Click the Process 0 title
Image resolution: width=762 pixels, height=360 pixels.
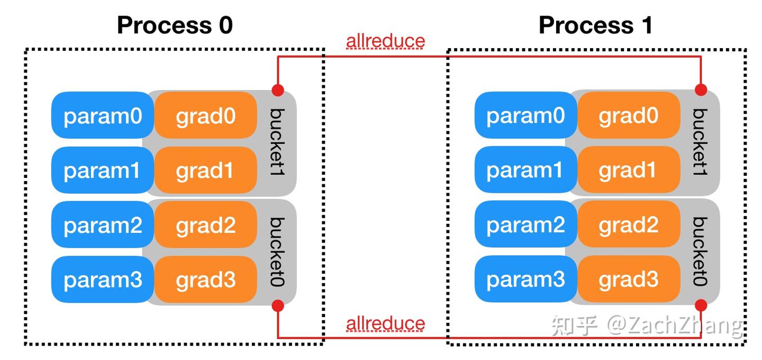click(x=175, y=25)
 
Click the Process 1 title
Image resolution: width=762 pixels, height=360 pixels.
click(x=595, y=25)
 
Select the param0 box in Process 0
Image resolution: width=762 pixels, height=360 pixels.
click(x=102, y=115)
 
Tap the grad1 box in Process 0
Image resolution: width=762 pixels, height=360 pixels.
click(x=205, y=170)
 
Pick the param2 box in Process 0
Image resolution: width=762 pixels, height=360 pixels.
click(x=102, y=225)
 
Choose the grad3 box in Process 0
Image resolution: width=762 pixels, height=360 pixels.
click(x=205, y=280)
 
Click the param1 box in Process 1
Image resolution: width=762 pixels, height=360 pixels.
click(x=525, y=170)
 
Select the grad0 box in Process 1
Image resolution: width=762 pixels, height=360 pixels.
click(x=628, y=115)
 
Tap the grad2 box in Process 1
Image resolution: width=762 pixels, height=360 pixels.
click(x=628, y=225)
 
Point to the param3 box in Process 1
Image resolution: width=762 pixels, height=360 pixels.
click(x=525, y=280)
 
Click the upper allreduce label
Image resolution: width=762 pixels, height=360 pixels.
click(x=385, y=41)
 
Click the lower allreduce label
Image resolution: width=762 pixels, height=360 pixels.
click(x=385, y=323)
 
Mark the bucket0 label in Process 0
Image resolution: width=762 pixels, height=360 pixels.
click(x=277, y=251)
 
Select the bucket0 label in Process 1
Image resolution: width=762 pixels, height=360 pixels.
click(x=700, y=251)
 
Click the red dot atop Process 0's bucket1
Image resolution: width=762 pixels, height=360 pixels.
click(x=278, y=89)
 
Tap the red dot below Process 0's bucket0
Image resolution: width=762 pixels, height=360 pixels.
click(x=278, y=305)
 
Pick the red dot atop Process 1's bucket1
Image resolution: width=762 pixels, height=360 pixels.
click(x=701, y=89)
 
